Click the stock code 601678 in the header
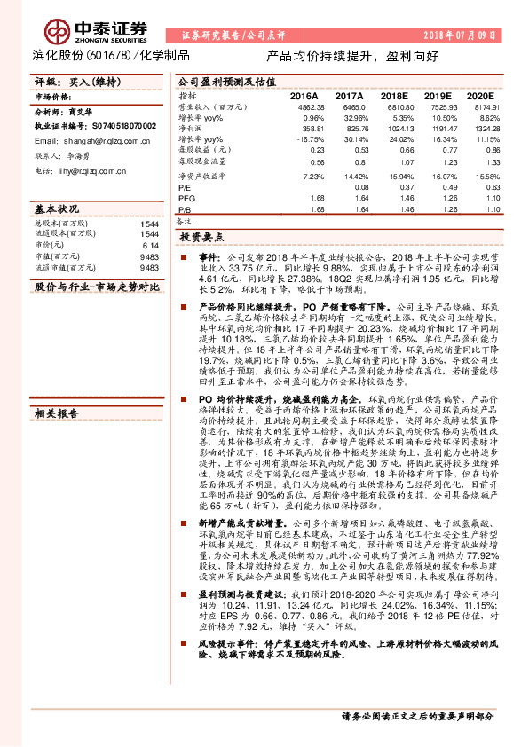108,54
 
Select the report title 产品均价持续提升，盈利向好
352,54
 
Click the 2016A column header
304,95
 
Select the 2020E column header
479,95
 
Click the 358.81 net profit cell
313,128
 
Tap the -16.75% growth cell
311,139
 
